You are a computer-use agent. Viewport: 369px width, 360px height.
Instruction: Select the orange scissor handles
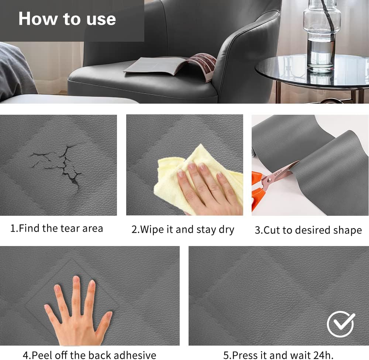pos(258,191)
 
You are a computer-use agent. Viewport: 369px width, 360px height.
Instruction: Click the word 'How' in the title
pos(38,19)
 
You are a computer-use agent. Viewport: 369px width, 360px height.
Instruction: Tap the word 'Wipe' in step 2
pos(152,230)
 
